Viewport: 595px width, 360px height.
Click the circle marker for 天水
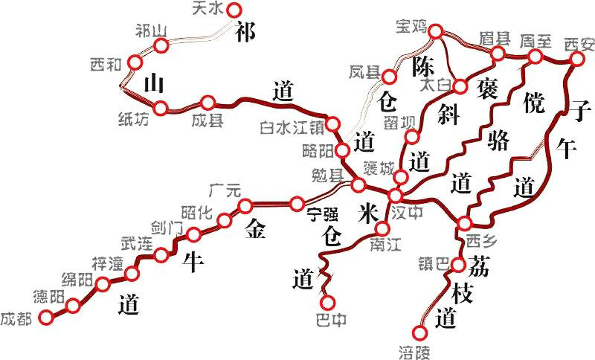235,10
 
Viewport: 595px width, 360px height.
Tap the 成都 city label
16,319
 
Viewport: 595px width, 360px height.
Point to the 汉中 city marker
395,196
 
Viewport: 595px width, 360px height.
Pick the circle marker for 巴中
327,303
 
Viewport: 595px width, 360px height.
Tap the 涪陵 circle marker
421,333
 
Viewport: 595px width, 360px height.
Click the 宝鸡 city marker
437,31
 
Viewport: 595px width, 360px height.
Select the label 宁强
323,214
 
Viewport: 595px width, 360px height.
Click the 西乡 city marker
465,223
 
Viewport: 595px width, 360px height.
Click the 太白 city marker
460,86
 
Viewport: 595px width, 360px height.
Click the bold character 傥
534,99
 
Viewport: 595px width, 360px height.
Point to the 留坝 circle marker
411,137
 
